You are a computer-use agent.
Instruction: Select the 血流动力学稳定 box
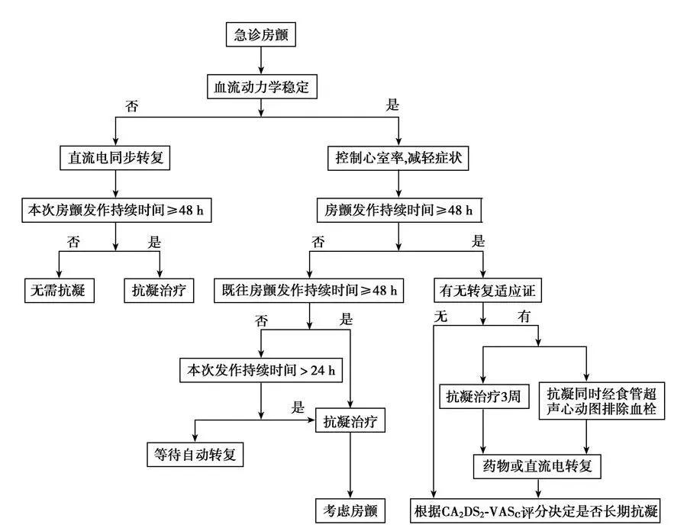coord(262,87)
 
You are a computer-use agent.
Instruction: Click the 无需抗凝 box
coord(59,291)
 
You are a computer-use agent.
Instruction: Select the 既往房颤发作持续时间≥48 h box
coord(309,291)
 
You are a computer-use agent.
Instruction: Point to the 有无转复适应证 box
coord(482,291)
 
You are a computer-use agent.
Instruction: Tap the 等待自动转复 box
coord(195,455)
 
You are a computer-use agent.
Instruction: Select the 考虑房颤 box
coord(350,510)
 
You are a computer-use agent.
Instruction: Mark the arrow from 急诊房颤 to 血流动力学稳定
coord(261,60)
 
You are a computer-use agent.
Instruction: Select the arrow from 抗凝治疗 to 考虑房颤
coord(350,465)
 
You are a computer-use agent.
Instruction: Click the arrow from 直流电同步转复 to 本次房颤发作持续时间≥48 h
coord(114,183)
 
